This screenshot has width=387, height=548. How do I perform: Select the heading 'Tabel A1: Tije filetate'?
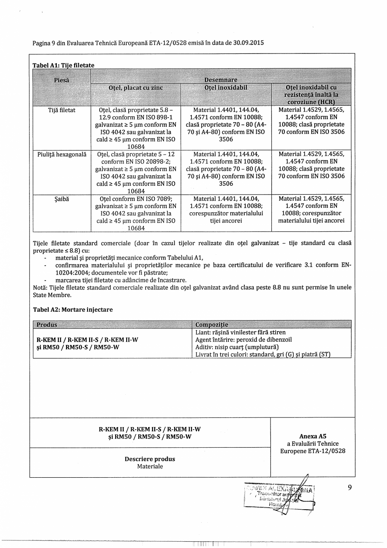click(64, 65)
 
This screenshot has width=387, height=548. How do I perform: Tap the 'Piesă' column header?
click(62, 80)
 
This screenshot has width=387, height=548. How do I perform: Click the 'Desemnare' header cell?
click(221, 80)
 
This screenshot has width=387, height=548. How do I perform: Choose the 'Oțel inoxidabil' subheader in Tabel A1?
click(226, 88)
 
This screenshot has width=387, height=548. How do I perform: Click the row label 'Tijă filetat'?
click(62, 110)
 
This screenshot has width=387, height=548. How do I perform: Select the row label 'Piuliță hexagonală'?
click(62, 154)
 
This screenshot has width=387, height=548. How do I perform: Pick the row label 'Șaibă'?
click(62, 198)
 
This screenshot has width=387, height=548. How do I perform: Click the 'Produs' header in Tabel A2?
click(47, 325)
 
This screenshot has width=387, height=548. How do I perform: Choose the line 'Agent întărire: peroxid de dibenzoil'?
click(244, 339)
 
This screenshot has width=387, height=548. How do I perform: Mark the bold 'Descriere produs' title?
click(150, 459)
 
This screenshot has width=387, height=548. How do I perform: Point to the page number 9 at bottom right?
click(350, 487)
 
